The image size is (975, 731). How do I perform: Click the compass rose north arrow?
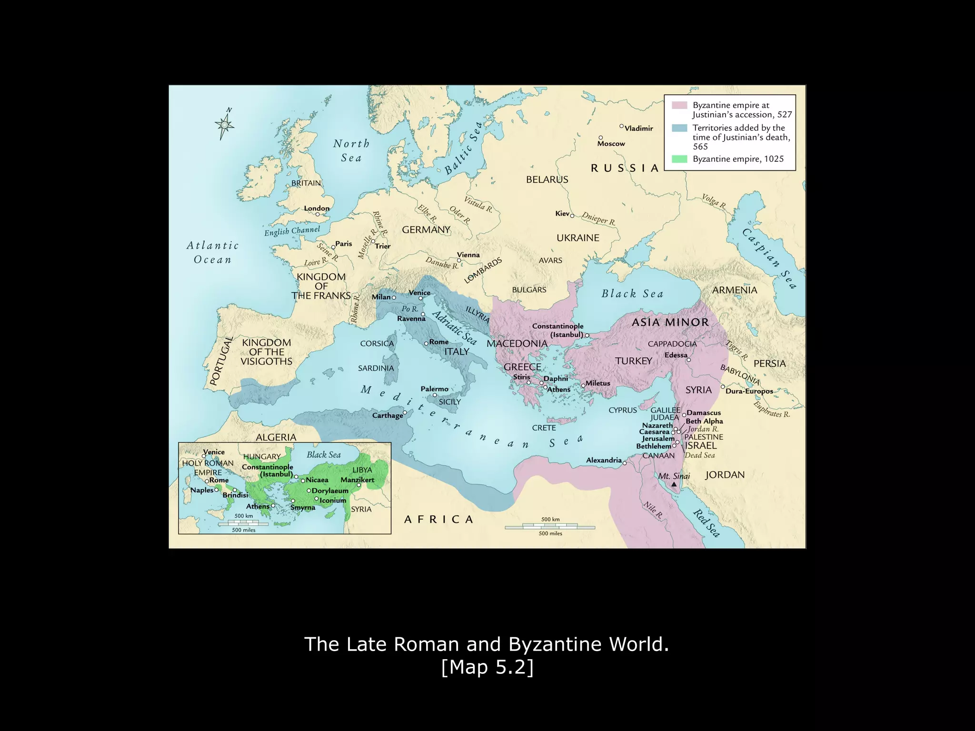tap(224, 124)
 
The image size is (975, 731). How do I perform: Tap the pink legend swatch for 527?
tap(679, 105)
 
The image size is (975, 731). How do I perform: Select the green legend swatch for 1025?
tap(679, 159)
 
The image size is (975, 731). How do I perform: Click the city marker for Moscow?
tap(601, 138)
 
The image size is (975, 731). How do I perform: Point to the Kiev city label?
tap(562, 214)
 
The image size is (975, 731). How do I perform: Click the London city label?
tap(317, 208)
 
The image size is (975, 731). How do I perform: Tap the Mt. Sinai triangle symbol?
tap(674, 484)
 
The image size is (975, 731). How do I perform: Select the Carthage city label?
tap(388, 415)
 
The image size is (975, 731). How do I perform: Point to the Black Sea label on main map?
tap(632, 294)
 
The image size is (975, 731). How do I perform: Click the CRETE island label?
tap(544, 428)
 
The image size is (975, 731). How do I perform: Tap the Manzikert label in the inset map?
tap(357, 480)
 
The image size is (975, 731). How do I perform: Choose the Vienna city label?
tap(468, 255)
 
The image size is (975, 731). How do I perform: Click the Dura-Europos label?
tap(749, 391)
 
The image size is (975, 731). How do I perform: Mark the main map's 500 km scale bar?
tap(550, 527)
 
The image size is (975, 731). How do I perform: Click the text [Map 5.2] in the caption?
tap(487, 667)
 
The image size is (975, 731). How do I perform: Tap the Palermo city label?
tap(434, 389)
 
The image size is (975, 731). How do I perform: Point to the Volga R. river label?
tap(713, 201)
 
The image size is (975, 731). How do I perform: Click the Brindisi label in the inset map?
tap(236, 495)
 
